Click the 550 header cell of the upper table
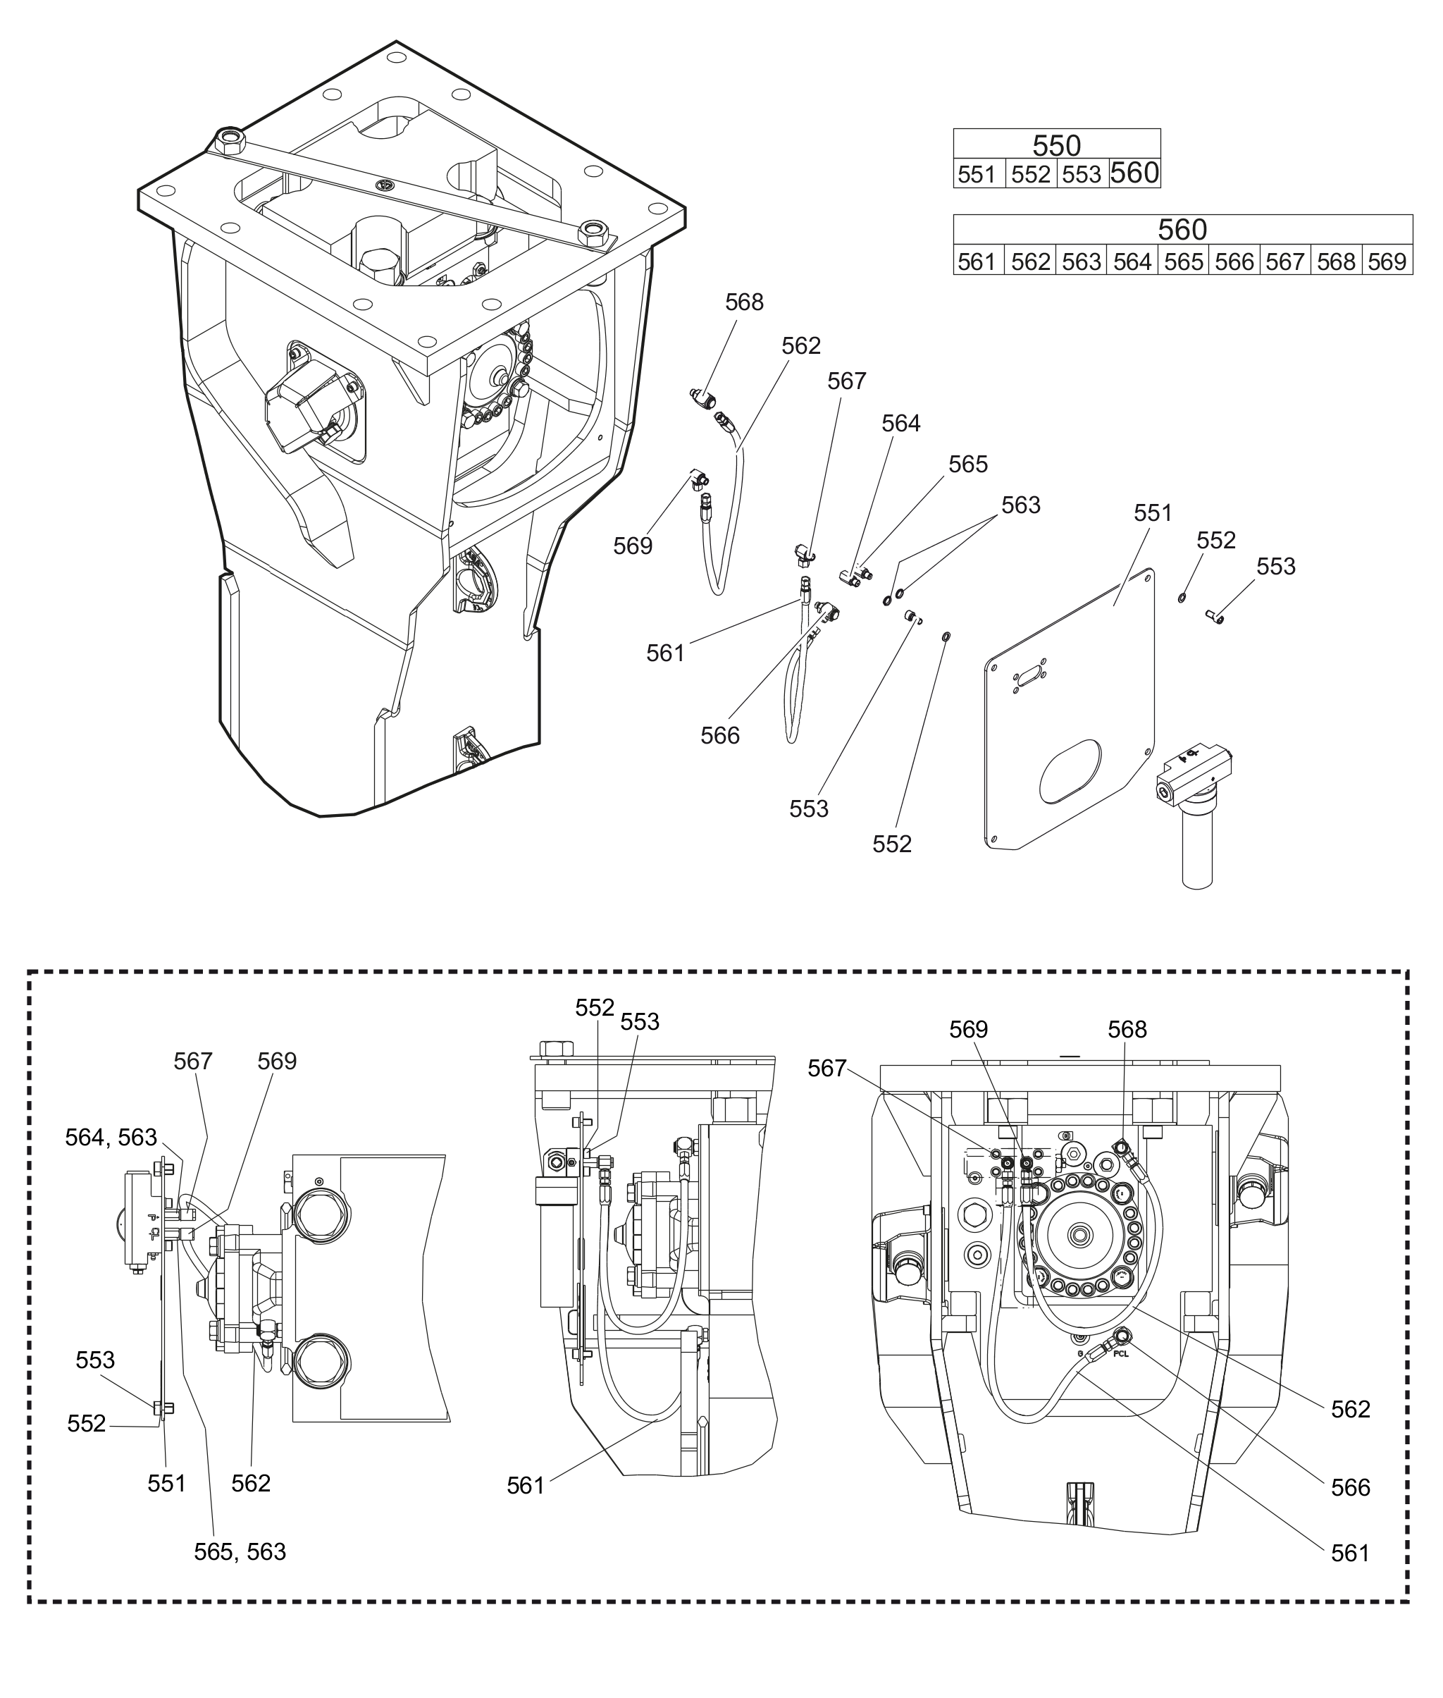coord(1056,144)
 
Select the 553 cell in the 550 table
coord(1082,174)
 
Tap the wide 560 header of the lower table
coord(1182,229)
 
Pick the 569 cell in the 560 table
coord(1387,262)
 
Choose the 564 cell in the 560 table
coord(1132,262)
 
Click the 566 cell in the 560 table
coord(1234,262)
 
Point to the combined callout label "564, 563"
coord(111,1138)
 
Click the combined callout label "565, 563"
coord(240,1551)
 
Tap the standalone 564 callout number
coord(900,423)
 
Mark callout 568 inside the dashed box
coord(1127,1028)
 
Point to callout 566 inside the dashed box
coord(1350,1487)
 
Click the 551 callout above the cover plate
coord(1153,513)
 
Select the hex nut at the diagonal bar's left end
coord(230,141)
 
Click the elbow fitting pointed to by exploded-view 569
coord(698,478)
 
